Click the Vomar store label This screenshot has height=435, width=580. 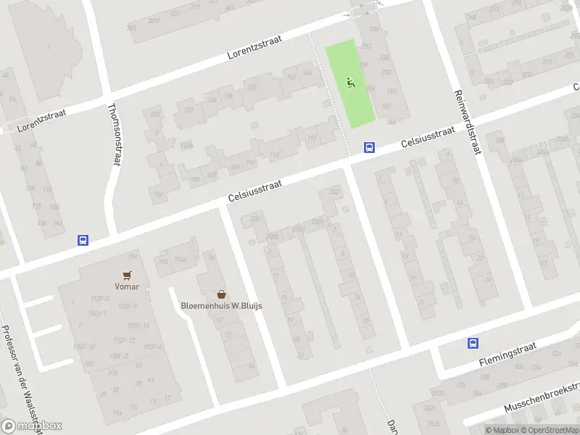125,286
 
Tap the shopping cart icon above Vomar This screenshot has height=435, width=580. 128,275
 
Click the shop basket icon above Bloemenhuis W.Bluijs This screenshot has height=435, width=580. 222,294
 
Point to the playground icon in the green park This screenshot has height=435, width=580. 352,82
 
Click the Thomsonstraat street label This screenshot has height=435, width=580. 114,134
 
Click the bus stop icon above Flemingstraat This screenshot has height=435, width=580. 473,344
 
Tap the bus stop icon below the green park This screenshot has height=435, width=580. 369,147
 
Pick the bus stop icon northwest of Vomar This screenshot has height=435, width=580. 83,240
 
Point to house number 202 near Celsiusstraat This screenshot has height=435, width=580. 334,192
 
